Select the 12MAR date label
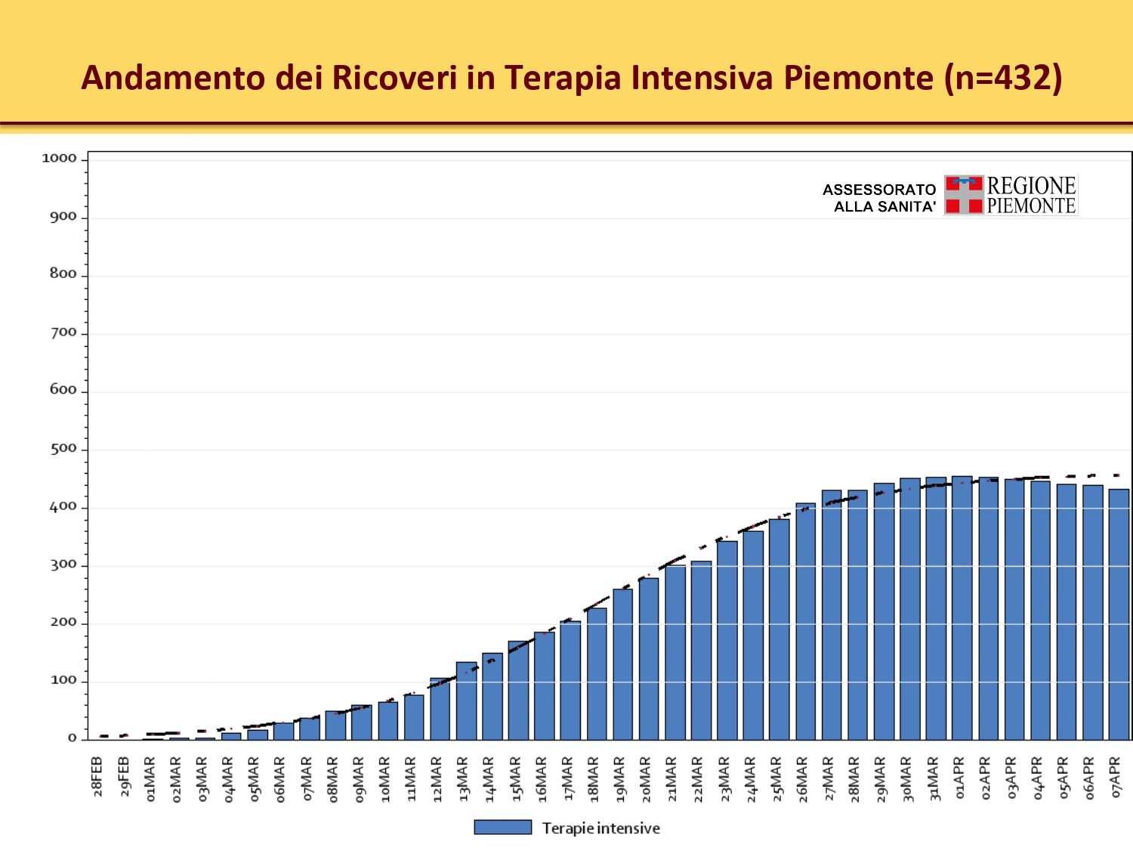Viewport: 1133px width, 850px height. point(437,779)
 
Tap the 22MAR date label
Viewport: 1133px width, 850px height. point(699,779)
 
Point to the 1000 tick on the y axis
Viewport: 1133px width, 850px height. point(59,159)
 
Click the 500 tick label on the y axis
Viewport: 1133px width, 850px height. point(63,449)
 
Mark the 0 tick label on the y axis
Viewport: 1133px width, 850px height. point(73,738)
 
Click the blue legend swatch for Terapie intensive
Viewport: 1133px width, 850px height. point(502,827)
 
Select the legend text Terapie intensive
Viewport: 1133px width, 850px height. point(600,828)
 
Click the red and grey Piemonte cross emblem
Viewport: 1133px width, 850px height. point(964,195)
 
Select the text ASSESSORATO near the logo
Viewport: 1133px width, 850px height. point(879,190)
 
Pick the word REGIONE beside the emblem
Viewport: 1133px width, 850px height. point(1031,186)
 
